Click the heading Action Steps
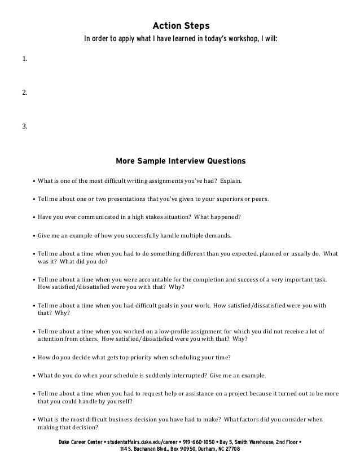click(181, 26)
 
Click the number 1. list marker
click(24, 59)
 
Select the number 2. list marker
click(24, 92)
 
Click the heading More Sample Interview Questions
click(181, 161)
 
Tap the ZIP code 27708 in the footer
click(231, 449)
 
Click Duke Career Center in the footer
click(78, 442)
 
